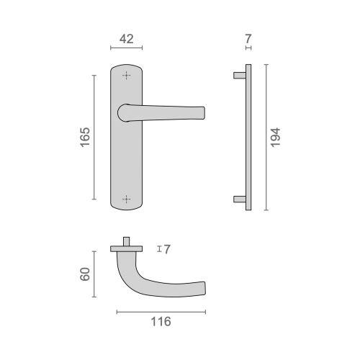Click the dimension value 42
pyautogui.click(x=126, y=40)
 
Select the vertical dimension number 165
pyautogui.click(x=84, y=137)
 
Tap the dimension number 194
pyautogui.click(x=275, y=137)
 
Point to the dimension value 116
pyautogui.click(x=161, y=322)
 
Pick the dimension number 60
pyautogui.click(x=85, y=274)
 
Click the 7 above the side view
pyautogui.click(x=248, y=40)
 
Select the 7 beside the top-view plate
pyautogui.click(x=166, y=249)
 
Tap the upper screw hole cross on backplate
pyautogui.click(x=127, y=76)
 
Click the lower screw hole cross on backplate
pyautogui.click(x=127, y=199)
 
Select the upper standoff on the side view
pyautogui.click(x=239, y=74)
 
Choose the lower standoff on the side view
pyautogui.click(x=239, y=199)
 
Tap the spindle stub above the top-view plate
pyautogui.click(x=127, y=240)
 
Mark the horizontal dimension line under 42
pyautogui.click(x=126, y=49)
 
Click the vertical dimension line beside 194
pyautogui.click(x=266, y=137)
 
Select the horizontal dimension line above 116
pyautogui.click(x=161, y=311)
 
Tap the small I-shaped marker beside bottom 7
pyautogui.click(x=158, y=249)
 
